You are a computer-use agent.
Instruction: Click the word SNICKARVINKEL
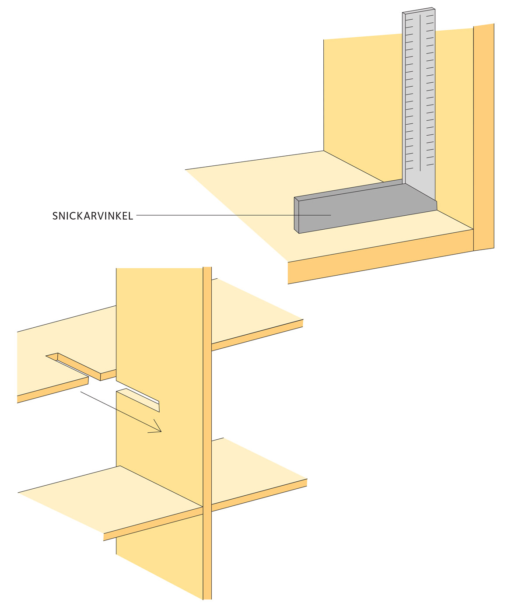(x=93, y=216)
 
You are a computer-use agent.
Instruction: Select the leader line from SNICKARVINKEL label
(x=234, y=215)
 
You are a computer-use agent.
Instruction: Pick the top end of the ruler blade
(x=419, y=10)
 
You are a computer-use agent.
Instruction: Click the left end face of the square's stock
(x=296, y=215)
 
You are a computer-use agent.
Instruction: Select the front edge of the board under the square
(x=381, y=257)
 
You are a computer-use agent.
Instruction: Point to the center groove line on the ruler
(x=420, y=93)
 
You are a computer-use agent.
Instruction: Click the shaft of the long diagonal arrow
(x=121, y=412)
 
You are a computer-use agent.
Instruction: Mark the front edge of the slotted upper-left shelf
(x=53, y=390)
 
